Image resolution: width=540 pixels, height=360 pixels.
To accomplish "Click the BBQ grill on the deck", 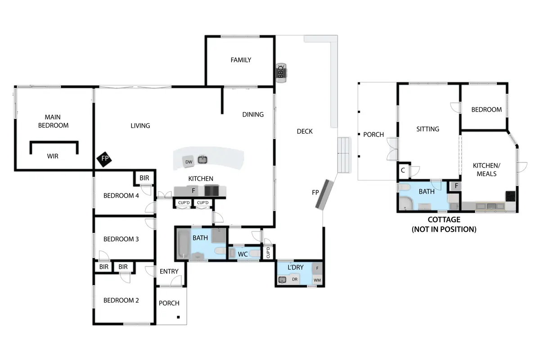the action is pos(281,73).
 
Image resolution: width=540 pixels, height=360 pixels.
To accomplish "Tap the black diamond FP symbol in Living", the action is pos(104,159).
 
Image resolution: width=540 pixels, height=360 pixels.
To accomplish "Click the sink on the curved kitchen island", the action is pos(202,159).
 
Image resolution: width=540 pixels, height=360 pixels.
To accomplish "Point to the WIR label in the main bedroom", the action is pos(53,156).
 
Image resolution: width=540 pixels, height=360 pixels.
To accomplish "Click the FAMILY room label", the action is pos(241,60).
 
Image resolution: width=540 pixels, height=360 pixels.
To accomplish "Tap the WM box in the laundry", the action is pos(317,280).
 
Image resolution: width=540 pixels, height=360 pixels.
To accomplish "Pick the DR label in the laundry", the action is pos(295,279).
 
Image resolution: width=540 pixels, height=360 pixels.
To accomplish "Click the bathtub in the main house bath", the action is pos(184,244).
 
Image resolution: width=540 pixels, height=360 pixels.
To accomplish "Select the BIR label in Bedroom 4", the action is pos(144,178).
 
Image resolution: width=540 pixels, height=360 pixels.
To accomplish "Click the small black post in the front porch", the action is pos(178,317).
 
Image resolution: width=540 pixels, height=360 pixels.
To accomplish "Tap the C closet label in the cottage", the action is pos(403,170).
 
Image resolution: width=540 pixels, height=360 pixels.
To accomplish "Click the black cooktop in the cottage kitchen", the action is pos(511,196).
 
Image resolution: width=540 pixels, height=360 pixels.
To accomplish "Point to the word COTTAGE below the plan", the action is pos(444,220).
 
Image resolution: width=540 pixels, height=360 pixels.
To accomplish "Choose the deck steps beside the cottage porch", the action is pos(343,155).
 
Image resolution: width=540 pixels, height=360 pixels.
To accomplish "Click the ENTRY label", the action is pos(169,271).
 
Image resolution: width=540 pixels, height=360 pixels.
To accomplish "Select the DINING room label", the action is pos(253,115).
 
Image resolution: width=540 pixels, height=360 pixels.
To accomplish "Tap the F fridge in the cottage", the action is pos(456,186).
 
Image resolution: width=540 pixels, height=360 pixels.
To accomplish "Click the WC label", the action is pos(243,254).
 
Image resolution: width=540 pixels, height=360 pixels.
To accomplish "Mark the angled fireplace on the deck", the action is pos(324,194).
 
